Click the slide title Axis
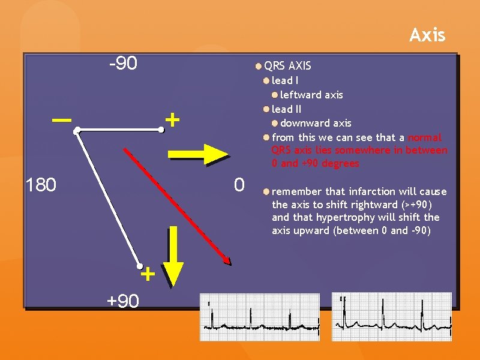click(427, 35)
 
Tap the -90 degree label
click(123, 64)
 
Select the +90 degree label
click(123, 301)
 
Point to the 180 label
click(40, 185)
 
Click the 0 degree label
click(239, 185)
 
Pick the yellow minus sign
click(60, 120)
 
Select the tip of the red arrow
click(229, 262)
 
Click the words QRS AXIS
click(287, 65)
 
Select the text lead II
click(286, 109)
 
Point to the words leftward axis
click(311, 95)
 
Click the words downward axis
click(316, 123)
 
